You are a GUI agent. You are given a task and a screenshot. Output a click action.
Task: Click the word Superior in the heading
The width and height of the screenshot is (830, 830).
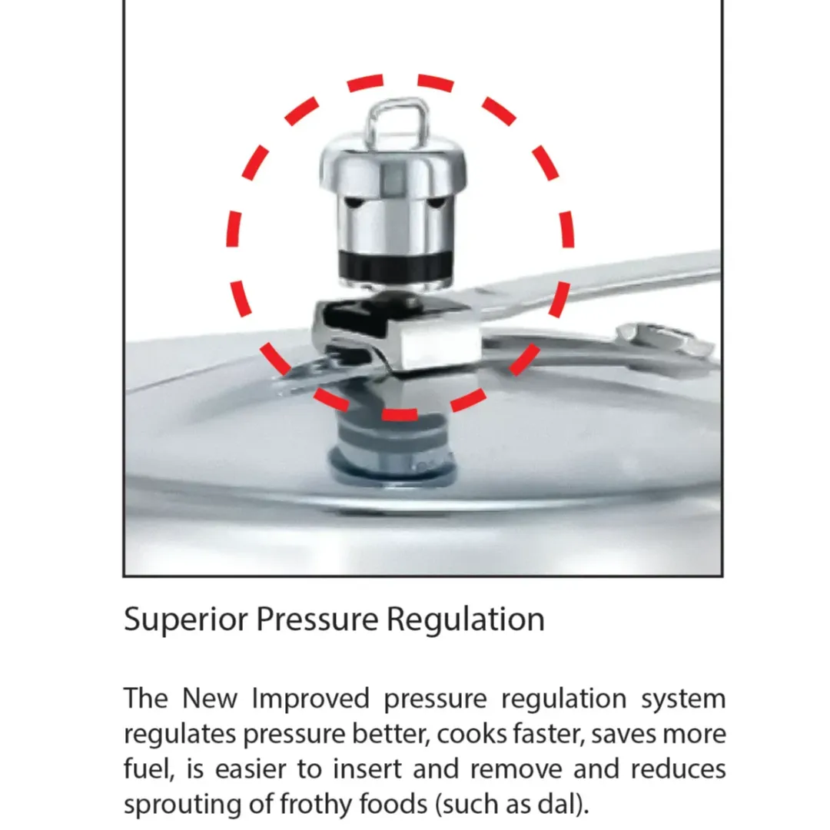[185, 619]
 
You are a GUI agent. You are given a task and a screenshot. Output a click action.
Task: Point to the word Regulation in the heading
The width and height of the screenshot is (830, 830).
[465, 619]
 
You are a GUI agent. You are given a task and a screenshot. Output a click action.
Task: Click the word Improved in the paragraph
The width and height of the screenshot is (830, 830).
[310, 699]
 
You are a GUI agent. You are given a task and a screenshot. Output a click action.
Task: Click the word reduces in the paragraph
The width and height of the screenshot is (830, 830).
[678, 769]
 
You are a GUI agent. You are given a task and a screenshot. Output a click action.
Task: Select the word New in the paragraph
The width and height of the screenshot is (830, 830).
[210, 699]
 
